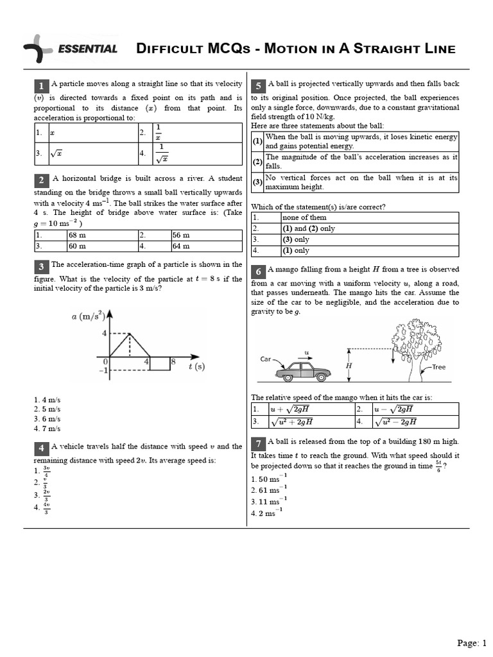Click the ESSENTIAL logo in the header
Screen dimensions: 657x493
[x=71, y=49]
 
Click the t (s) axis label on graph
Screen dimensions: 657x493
[x=196, y=366]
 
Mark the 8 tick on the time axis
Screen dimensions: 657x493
[x=173, y=362]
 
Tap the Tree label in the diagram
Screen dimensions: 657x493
[x=438, y=367]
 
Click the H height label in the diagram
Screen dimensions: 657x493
[x=349, y=365]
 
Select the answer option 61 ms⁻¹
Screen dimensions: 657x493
[x=269, y=490]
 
